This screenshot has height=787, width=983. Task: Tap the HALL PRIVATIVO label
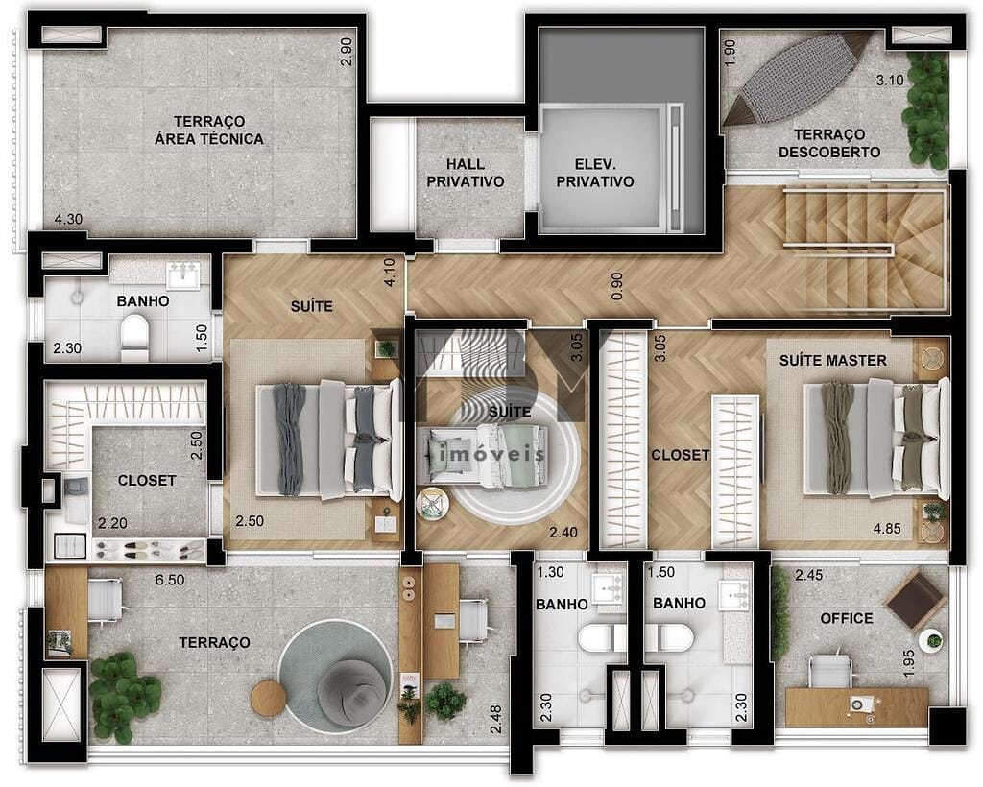click(466, 172)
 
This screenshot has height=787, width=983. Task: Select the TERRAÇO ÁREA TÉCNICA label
click(209, 130)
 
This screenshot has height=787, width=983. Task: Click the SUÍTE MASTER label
click(832, 360)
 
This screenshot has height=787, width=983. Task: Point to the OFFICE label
click(847, 618)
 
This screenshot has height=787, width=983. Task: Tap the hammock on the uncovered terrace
click(798, 78)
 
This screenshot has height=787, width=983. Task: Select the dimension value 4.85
click(885, 528)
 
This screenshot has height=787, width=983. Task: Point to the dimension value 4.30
click(68, 219)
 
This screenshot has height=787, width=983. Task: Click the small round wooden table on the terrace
click(268, 699)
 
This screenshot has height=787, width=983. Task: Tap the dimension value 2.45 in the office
click(797, 575)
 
